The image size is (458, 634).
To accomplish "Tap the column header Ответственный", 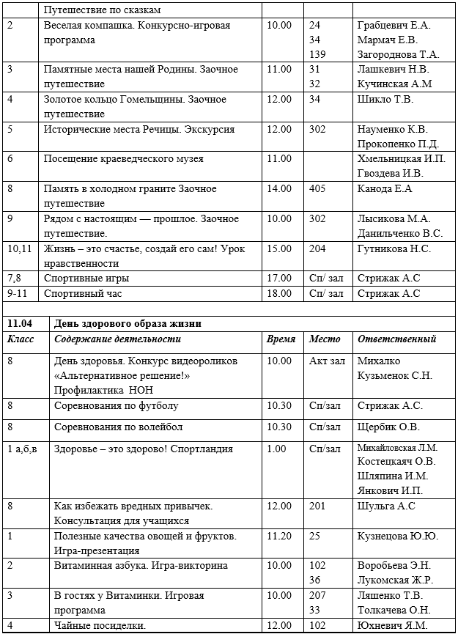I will click(x=396, y=339).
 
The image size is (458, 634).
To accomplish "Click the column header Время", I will click(x=281, y=339).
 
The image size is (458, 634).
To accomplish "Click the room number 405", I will click(x=317, y=188).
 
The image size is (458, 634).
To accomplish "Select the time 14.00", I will click(x=280, y=188).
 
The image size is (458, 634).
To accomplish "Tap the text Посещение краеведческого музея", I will click(x=123, y=158).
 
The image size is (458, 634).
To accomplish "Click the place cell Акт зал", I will click(x=327, y=361).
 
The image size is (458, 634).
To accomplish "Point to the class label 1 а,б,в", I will click(x=23, y=449).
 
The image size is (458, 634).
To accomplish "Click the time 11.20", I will click(x=280, y=537).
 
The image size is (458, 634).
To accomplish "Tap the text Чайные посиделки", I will click(x=100, y=625).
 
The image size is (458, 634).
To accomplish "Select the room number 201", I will click(x=317, y=506).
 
